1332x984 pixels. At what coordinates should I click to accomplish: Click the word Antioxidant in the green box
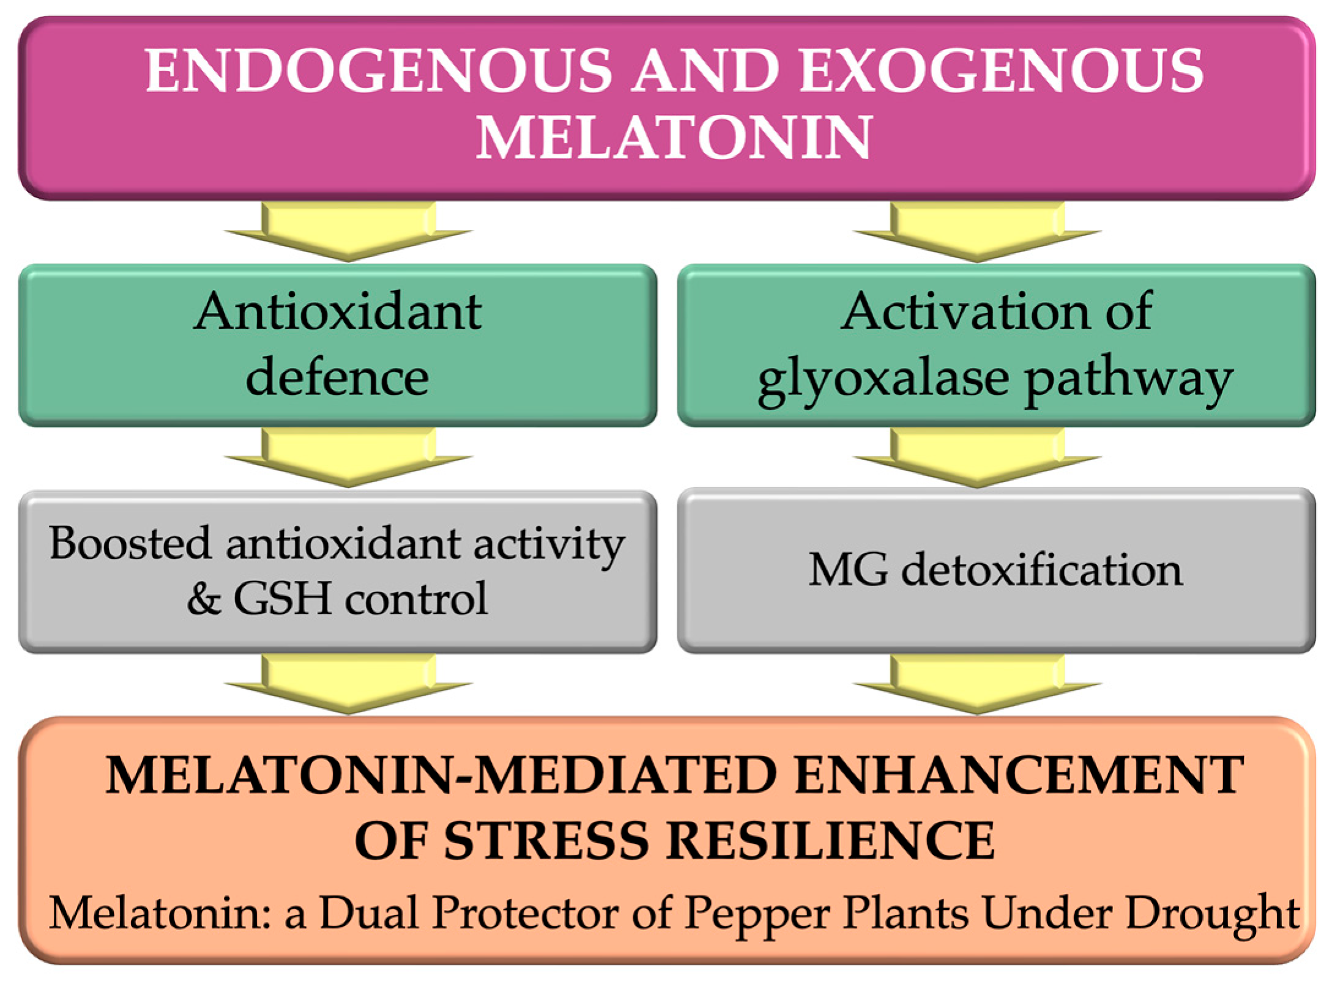(338, 312)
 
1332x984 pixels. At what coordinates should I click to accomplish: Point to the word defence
(337, 377)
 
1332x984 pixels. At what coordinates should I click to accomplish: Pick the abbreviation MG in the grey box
(848, 570)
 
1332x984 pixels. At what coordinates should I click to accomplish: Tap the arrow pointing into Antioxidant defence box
(348, 233)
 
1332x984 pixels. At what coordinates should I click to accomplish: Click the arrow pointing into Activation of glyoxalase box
(977, 233)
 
